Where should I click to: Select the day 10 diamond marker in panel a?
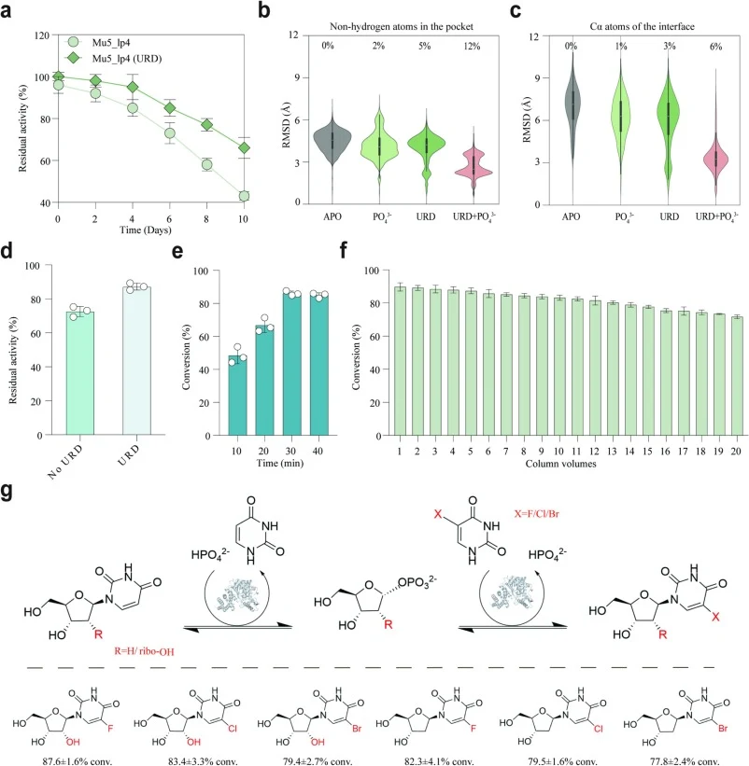tap(244, 147)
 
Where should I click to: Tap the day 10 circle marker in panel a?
tap(244, 196)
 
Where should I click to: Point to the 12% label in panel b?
tap(472, 47)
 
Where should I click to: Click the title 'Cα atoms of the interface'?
tap(642, 26)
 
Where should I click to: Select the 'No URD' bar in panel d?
tap(79, 373)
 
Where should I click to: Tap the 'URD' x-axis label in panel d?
tap(128, 454)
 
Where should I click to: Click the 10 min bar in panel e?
tap(237, 396)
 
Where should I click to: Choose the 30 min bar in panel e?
tap(292, 365)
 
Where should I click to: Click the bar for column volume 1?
tap(400, 361)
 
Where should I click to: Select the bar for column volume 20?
tap(737, 376)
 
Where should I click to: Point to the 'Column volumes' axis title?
tap(560, 464)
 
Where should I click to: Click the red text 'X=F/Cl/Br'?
tap(536, 513)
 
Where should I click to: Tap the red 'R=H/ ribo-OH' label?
tap(144, 651)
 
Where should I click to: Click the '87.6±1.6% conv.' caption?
tap(78, 760)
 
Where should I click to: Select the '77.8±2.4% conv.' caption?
tap(685, 760)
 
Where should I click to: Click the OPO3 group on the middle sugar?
tap(417, 582)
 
